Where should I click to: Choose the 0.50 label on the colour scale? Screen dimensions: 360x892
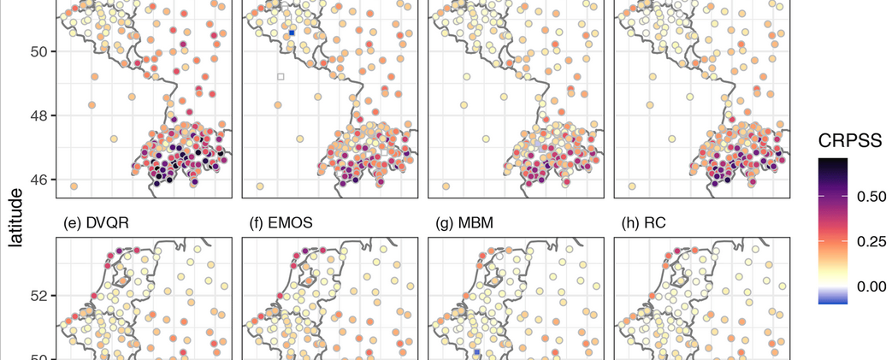point(871,197)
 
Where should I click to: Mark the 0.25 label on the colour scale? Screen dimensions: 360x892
point(871,241)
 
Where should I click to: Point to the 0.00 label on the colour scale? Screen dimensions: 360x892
point(871,286)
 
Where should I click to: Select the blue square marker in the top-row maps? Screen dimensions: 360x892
point(292,32)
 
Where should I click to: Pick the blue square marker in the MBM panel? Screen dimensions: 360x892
point(476,352)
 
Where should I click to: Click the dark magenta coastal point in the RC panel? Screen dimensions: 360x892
point(676,251)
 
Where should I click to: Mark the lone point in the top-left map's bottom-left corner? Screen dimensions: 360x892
point(74,186)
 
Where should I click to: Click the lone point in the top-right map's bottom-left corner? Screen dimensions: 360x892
point(632,186)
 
